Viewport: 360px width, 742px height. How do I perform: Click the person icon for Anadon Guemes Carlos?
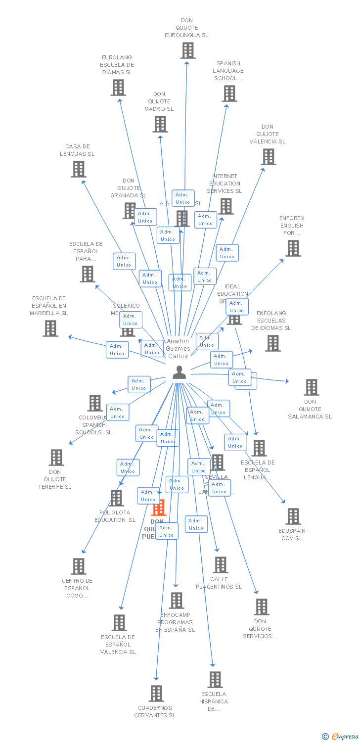[179, 372]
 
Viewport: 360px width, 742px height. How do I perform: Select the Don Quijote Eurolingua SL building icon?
[187, 50]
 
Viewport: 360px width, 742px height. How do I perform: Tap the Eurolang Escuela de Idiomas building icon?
[118, 88]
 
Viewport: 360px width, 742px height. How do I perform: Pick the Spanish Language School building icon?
[229, 93]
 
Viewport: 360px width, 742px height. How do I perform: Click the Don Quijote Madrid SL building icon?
[160, 124]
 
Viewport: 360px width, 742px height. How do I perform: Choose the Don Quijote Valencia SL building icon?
[268, 157]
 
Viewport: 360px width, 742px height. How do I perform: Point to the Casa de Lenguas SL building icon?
[78, 169]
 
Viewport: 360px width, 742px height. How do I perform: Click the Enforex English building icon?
[293, 248]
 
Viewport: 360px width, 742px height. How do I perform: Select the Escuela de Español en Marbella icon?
[50, 328]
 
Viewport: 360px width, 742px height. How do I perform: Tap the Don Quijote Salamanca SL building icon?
[311, 387]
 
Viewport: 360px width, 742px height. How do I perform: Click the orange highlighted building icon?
[158, 508]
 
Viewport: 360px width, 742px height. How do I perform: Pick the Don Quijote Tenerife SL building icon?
[56, 458]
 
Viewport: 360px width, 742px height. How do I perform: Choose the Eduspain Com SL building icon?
[293, 516]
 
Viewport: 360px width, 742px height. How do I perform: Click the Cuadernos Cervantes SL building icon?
[156, 694]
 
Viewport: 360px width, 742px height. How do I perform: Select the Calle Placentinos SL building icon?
[220, 564]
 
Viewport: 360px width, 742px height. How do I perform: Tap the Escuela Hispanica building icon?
[215, 680]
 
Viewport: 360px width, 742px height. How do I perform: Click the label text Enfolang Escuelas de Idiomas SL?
[271, 321]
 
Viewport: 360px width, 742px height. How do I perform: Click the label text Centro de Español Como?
[77, 588]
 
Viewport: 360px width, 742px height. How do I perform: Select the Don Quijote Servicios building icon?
[261, 607]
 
